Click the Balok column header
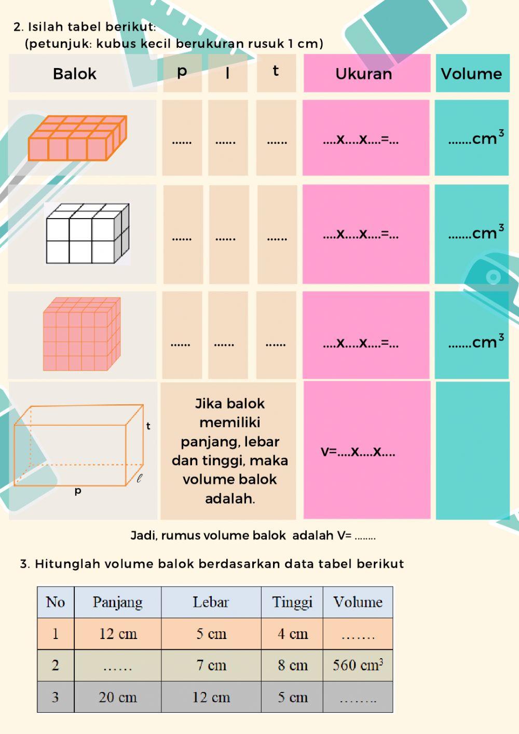click(75, 74)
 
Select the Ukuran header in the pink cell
click(364, 74)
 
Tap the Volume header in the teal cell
click(471, 74)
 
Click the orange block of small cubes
click(77, 138)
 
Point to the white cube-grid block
click(87, 234)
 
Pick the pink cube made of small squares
click(81, 334)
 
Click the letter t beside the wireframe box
click(148, 426)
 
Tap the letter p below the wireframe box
click(78, 491)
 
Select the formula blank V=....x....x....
click(358, 451)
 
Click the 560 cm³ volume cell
click(358, 665)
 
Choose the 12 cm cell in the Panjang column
click(118, 634)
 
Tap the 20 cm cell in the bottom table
click(118, 697)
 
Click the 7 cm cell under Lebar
click(211, 665)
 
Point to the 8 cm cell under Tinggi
click(292, 665)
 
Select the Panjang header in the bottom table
click(118, 602)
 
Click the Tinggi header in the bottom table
click(292, 602)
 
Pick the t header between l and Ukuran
click(276, 71)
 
